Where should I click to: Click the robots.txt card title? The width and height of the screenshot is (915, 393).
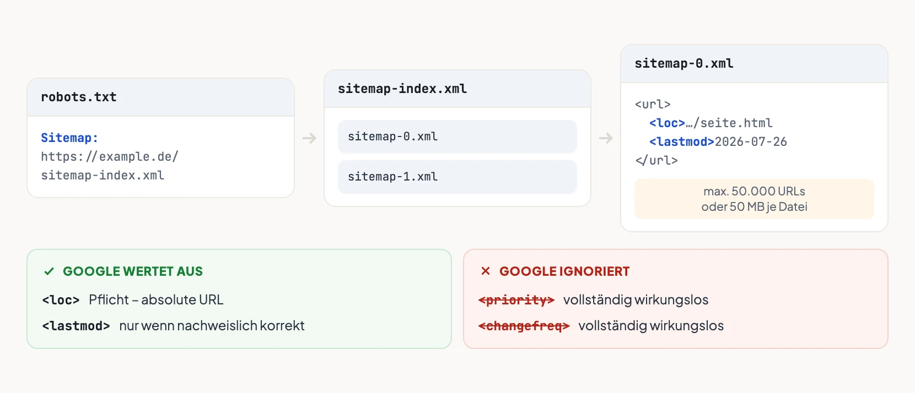pyautogui.click(x=78, y=97)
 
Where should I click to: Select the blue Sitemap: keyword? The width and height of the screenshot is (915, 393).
pyautogui.click(x=69, y=138)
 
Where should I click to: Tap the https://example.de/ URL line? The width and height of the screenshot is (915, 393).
pyautogui.click(x=110, y=157)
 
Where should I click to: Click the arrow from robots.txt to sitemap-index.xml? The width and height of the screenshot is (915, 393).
pyautogui.click(x=309, y=138)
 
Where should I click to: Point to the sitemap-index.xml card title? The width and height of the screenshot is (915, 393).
pyautogui.click(x=402, y=89)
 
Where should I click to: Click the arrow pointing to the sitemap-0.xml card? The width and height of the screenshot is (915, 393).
pyautogui.click(x=606, y=138)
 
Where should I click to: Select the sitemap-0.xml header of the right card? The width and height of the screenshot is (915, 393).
pyautogui.click(x=684, y=63)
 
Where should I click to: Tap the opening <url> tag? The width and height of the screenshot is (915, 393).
pyautogui.click(x=653, y=105)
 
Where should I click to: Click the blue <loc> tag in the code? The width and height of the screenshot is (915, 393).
pyautogui.click(x=667, y=123)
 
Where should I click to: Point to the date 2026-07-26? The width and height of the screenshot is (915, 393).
pyautogui.click(x=751, y=141)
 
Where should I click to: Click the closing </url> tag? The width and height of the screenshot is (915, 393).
pyautogui.click(x=656, y=160)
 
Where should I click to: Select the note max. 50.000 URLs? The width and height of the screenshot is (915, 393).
pyautogui.click(x=754, y=191)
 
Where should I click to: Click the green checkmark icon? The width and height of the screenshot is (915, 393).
pyautogui.click(x=49, y=271)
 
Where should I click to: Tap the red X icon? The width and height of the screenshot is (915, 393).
pyautogui.click(x=485, y=271)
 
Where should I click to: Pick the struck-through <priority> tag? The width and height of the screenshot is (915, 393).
pyautogui.click(x=516, y=300)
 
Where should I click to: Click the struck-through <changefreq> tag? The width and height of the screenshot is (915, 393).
pyautogui.click(x=524, y=326)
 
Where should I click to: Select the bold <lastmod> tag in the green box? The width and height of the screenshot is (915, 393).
pyautogui.click(x=76, y=326)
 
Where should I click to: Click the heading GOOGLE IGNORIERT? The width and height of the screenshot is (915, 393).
pyautogui.click(x=564, y=271)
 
